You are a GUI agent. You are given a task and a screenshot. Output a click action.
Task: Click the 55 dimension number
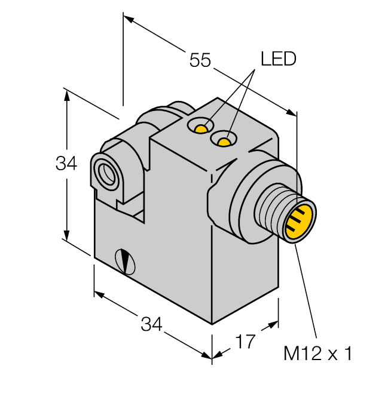[200, 60]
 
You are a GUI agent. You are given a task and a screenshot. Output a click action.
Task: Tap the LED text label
[278, 59]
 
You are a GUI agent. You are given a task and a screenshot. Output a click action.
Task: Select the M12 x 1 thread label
[317, 354]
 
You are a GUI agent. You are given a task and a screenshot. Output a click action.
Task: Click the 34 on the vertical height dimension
[66, 163]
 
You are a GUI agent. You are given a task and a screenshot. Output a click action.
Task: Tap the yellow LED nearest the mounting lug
[203, 128]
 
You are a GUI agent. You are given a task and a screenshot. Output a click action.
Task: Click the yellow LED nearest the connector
[224, 142]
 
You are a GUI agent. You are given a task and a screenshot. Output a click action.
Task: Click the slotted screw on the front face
[126, 260]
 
